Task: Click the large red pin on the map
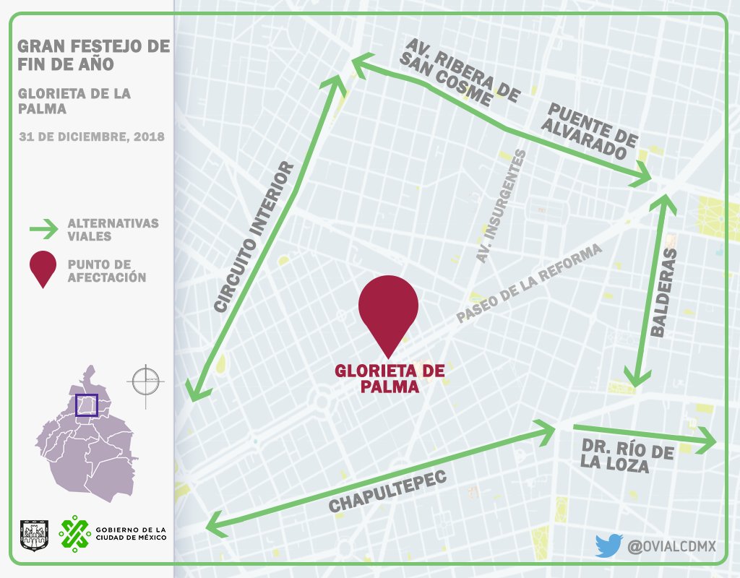pos(388,307)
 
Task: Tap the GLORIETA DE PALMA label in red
pos(388,379)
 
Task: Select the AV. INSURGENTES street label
pos(501,207)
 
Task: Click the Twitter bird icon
pos(608,545)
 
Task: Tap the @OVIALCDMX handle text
pos(671,546)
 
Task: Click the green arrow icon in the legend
pos(43,230)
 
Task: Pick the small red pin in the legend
pos(43,269)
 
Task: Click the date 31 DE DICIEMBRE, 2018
pos(92,137)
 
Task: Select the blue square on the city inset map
pos(87,405)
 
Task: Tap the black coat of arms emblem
pos(33,533)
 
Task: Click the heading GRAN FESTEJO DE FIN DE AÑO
pos(92,55)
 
